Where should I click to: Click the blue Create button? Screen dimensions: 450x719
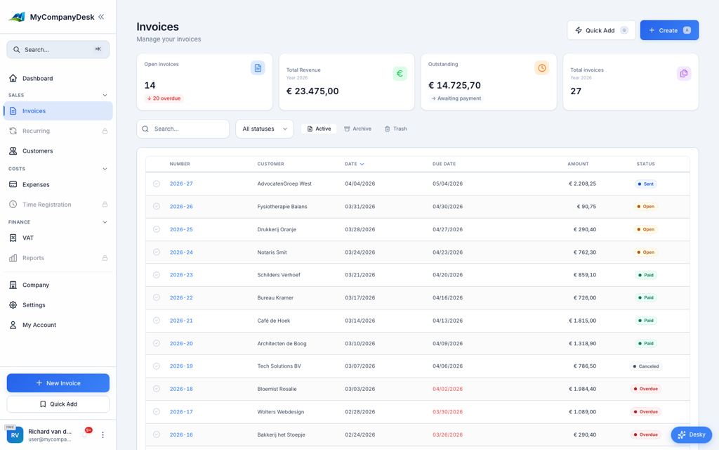(668, 30)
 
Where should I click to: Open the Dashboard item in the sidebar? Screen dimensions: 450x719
(37, 78)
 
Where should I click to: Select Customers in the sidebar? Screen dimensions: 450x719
(37, 150)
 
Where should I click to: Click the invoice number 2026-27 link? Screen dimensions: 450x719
(181, 184)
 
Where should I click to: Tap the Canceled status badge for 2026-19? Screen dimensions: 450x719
(646, 366)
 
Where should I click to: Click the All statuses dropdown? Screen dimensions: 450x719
(264, 129)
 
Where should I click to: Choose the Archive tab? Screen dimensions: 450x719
(357, 129)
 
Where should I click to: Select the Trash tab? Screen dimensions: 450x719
(395, 129)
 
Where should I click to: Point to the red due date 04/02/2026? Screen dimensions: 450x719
(447, 389)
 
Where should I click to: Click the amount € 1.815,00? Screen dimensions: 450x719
(582, 321)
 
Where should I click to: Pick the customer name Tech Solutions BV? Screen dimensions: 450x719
(279, 366)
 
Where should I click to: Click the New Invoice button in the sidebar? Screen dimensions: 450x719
(58, 382)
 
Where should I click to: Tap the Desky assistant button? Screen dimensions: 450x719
(691, 435)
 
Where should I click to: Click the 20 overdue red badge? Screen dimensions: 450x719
(164, 98)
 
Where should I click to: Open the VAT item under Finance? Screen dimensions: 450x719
(28, 238)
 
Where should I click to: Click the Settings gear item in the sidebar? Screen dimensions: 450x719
(34, 305)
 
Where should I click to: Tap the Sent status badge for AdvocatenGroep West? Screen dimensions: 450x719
(645, 184)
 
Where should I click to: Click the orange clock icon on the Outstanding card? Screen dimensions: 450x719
(541, 68)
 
